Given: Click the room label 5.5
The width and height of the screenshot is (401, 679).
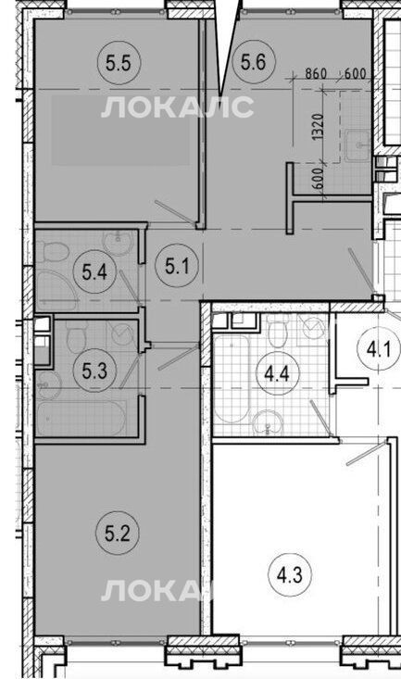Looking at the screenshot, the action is point(119,64).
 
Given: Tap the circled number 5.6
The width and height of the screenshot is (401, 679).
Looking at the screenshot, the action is point(253,62).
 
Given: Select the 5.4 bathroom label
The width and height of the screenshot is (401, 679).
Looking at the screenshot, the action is point(94,273).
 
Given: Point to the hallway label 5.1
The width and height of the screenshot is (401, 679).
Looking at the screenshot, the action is point(177,266).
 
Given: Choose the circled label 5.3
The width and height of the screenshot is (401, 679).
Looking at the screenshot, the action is point(94,371).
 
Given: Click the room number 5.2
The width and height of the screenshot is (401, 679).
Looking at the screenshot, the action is point(117,533).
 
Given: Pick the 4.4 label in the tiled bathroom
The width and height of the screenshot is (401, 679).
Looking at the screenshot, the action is point(276,373).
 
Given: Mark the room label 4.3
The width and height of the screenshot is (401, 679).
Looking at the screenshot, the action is point(289,575).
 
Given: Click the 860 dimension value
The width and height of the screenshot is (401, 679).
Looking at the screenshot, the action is point(316,73).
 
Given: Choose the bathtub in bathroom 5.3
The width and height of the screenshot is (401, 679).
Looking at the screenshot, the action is point(81,418).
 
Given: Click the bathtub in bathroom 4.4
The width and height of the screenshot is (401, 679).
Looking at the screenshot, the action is point(232,378).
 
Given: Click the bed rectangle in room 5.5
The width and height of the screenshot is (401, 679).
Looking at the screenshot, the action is point(120,130).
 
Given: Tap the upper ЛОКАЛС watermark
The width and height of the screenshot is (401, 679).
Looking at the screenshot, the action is point(177,107).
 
